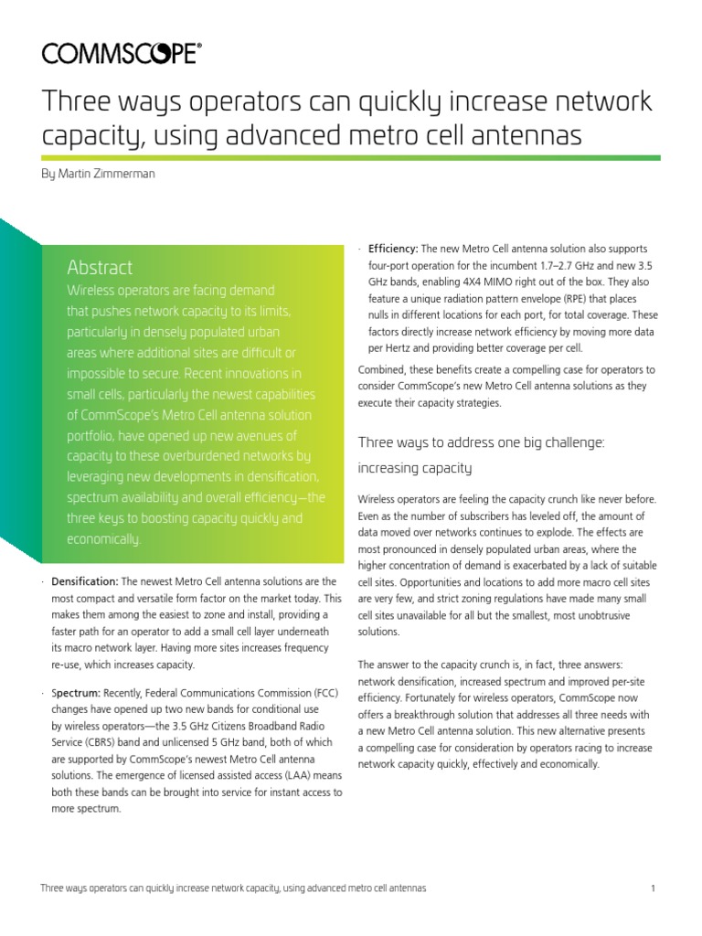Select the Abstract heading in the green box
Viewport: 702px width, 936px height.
click(x=100, y=267)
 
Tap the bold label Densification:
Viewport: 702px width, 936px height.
click(x=85, y=581)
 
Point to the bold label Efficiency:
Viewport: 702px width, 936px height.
click(x=393, y=249)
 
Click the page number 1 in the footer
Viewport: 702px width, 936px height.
click(x=654, y=888)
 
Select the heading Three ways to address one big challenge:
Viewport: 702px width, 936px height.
click(x=482, y=442)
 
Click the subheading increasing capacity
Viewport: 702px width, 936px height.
click(x=414, y=468)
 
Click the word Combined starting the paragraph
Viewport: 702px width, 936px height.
click(x=384, y=369)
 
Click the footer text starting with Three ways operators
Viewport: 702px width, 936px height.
click(x=233, y=888)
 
